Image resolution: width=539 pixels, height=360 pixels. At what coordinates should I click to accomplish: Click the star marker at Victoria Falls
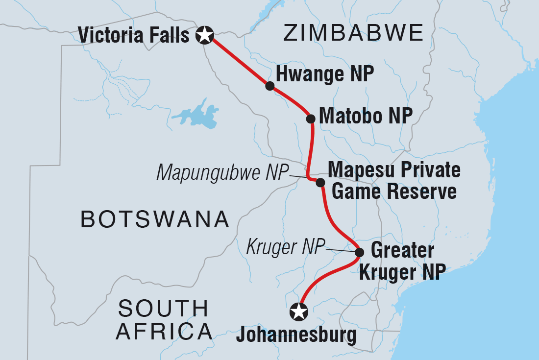pyautogui.click(x=204, y=35)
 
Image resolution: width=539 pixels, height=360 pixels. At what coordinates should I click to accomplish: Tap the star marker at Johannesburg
pyautogui.click(x=299, y=311)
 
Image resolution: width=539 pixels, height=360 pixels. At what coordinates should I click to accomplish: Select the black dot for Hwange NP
pyautogui.click(x=269, y=86)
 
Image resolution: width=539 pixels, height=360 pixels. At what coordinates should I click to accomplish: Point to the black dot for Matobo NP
pyautogui.click(x=310, y=119)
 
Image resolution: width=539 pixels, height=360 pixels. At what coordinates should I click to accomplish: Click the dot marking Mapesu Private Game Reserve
pyautogui.click(x=320, y=183)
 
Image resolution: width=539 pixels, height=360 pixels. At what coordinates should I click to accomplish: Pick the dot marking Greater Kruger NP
pyautogui.click(x=359, y=253)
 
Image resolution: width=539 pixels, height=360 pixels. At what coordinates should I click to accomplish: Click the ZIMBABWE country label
pyautogui.click(x=353, y=33)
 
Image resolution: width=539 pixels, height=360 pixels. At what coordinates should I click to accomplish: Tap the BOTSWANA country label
pyautogui.click(x=155, y=219)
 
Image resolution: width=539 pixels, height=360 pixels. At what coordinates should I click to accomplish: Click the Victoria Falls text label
pyautogui.click(x=134, y=35)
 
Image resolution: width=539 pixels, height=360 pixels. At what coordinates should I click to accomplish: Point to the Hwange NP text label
pyautogui.click(x=325, y=74)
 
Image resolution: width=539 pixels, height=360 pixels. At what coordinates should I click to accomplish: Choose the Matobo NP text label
pyautogui.click(x=366, y=117)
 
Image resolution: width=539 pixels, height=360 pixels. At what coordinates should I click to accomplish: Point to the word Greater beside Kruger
pyautogui.click(x=402, y=251)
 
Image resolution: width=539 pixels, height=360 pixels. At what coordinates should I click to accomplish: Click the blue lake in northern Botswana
pyautogui.click(x=196, y=116)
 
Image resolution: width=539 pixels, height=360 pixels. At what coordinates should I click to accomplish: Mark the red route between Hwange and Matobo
pyautogui.click(x=293, y=100)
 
